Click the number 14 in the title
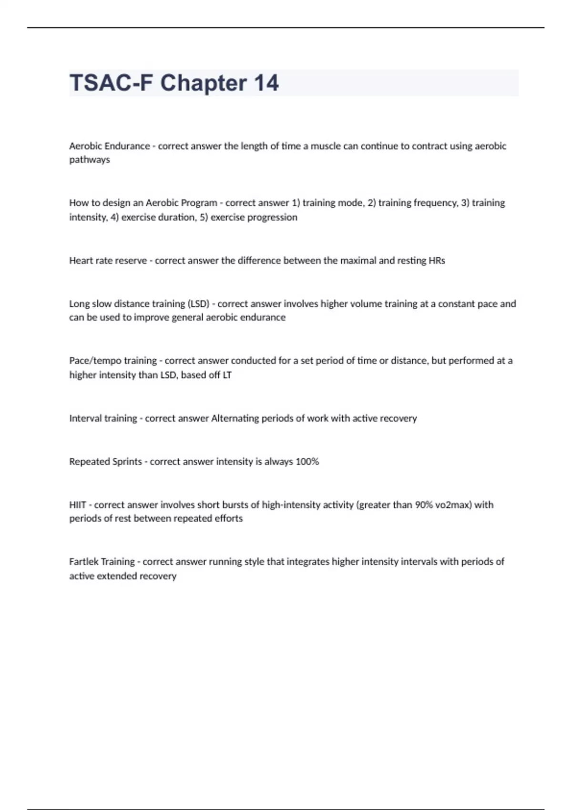coord(266,83)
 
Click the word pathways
coord(90,160)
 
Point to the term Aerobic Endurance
coord(110,146)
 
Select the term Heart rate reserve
coord(108,261)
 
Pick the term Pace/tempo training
coord(113,361)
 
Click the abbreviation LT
coord(227,375)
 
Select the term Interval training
coord(103,418)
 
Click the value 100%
coord(307,462)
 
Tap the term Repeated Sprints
coord(105,462)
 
